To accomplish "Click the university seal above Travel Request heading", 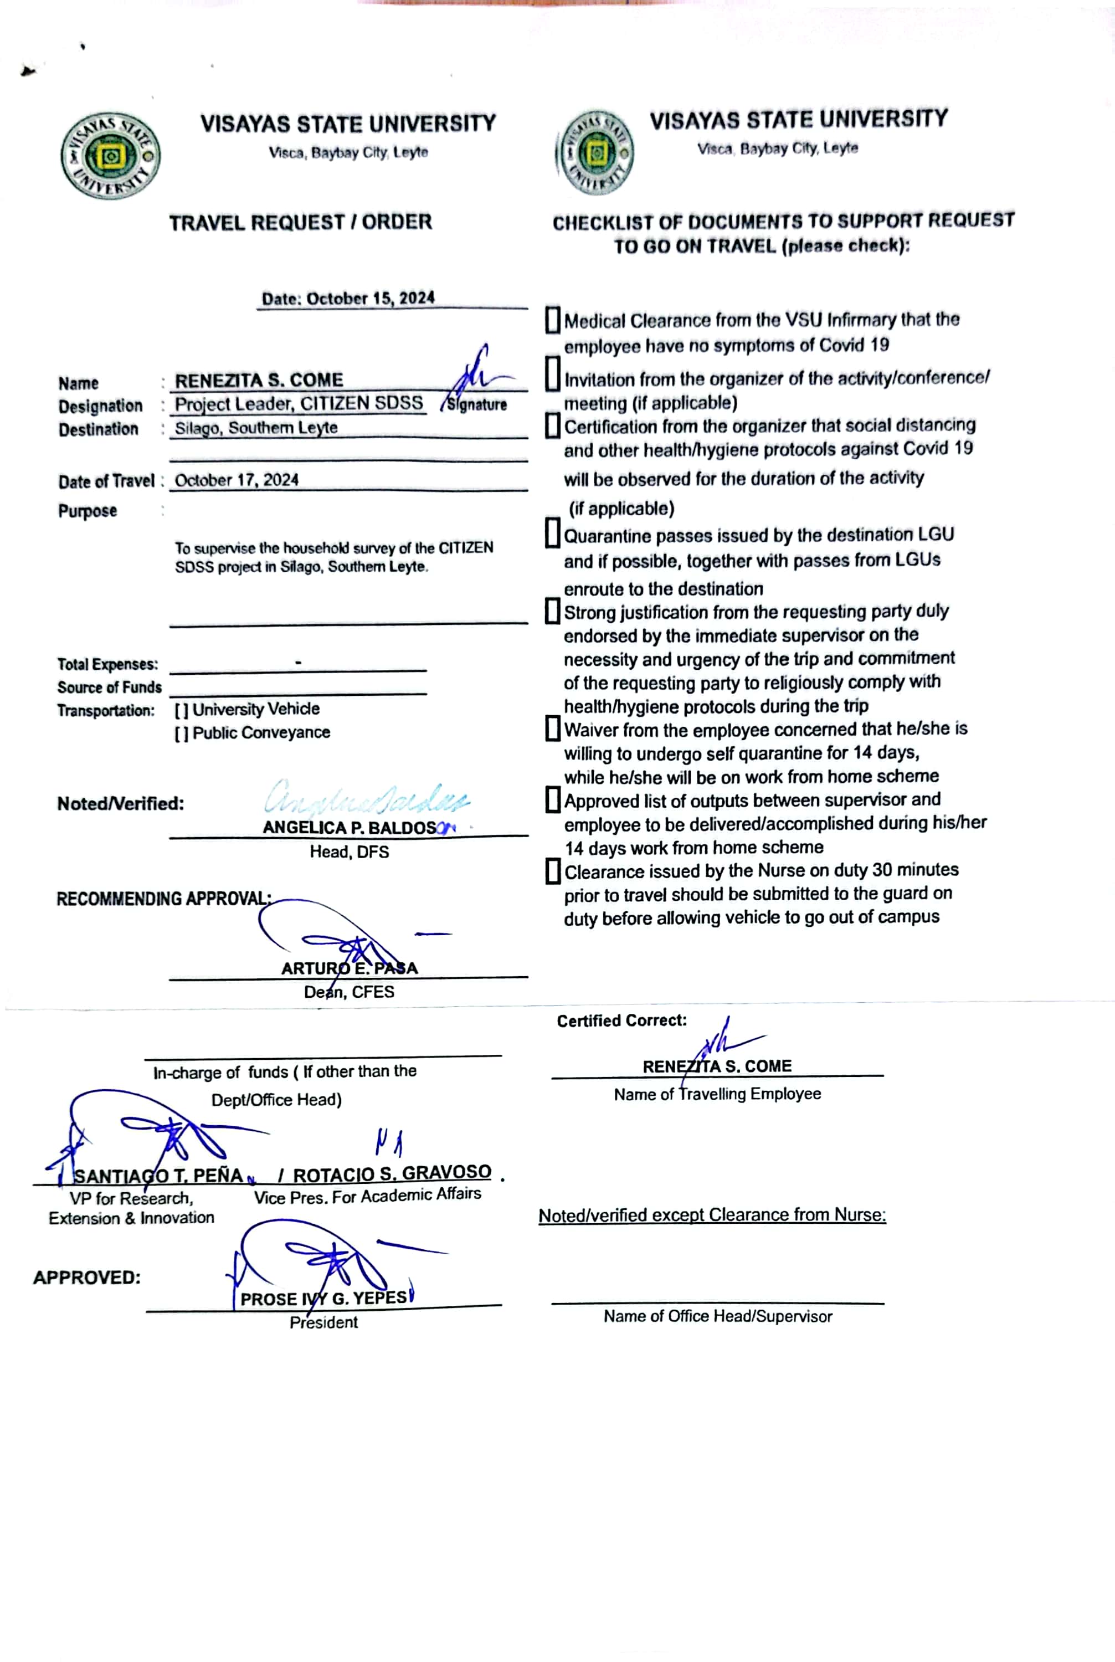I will click(x=110, y=156).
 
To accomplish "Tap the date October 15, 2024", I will click(x=348, y=298).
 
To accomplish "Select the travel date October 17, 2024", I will click(x=237, y=480).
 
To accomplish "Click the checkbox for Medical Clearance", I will click(x=553, y=320).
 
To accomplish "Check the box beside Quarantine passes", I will click(x=553, y=534).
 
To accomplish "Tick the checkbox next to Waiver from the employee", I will click(x=553, y=729).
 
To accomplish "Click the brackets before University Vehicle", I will click(x=181, y=710).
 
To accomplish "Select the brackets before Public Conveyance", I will click(x=181, y=733).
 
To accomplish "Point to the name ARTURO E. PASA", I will click(x=349, y=968).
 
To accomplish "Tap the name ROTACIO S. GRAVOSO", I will click(x=392, y=1173).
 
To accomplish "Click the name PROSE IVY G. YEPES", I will click(x=323, y=1298).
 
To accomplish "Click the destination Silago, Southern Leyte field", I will click(x=256, y=428).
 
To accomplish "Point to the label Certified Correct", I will click(x=621, y=1020).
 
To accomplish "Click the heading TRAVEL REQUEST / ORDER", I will click(x=300, y=223).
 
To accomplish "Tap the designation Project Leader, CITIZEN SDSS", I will click(x=299, y=404).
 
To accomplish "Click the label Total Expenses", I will click(x=107, y=664).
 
